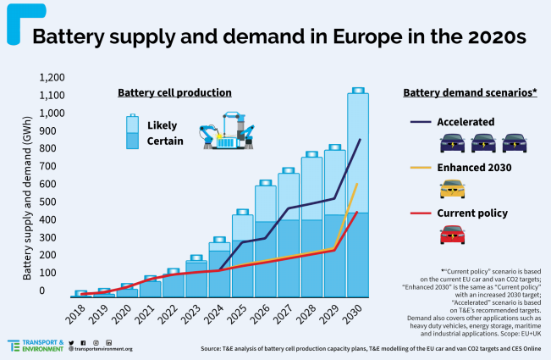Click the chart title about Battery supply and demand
click(x=279, y=37)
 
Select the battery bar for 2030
click(x=358, y=195)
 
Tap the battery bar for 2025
click(x=243, y=254)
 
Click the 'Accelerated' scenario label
click(x=466, y=121)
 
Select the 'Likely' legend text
click(x=162, y=125)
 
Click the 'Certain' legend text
click(x=164, y=141)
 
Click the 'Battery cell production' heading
click(x=174, y=92)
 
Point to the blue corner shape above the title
click(x=14, y=21)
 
